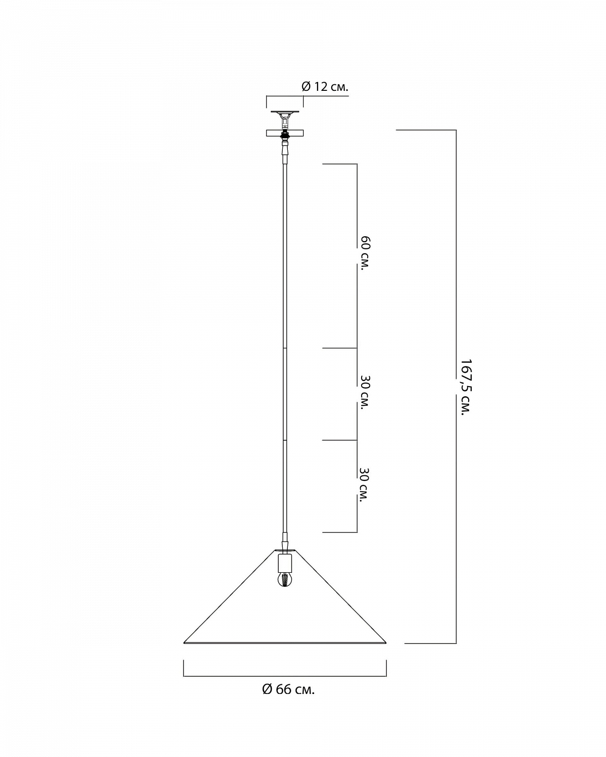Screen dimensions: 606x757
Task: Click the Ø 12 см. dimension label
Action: click(325, 86)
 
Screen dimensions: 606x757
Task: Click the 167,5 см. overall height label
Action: click(466, 387)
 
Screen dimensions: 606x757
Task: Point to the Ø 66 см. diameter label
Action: click(288, 689)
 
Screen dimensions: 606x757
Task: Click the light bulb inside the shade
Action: click(285, 588)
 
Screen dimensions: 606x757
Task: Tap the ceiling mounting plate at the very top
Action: click(285, 112)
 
